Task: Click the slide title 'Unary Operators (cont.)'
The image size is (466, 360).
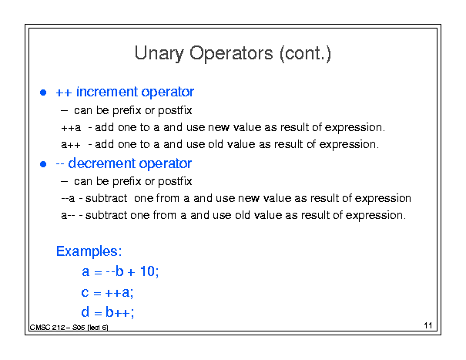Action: (x=233, y=54)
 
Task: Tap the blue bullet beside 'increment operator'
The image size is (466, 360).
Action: (x=43, y=93)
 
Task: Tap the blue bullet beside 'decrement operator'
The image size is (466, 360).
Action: (x=43, y=164)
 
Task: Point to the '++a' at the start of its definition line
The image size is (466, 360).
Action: (x=71, y=128)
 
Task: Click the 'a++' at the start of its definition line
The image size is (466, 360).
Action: (x=71, y=145)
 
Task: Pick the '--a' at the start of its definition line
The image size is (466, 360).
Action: (x=68, y=198)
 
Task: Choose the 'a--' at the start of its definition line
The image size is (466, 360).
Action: (x=68, y=215)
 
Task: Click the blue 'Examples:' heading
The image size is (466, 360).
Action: (x=89, y=251)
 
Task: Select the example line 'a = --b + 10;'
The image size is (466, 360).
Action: (x=120, y=271)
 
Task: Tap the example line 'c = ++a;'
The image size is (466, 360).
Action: (x=107, y=292)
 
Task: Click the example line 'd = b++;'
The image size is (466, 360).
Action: (x=108, y=312)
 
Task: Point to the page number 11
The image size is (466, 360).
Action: (x=428, y=325)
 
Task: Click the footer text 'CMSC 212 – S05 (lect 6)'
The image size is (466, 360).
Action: (x=69, y=328)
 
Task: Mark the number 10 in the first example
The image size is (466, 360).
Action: (x=147, y=271)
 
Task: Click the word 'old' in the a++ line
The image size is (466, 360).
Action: (x=216, y=144)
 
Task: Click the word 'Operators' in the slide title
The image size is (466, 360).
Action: (x=231, y=54)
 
